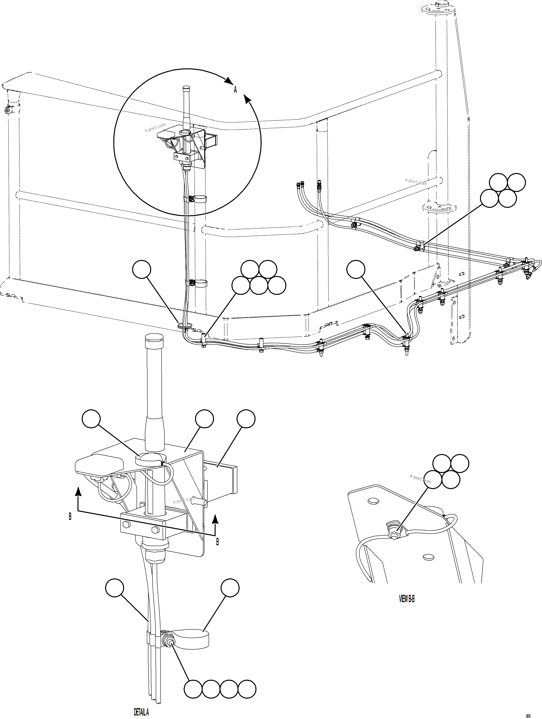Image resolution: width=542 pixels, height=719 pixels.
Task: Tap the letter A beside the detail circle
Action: pyautogui.click(x=235, y=90)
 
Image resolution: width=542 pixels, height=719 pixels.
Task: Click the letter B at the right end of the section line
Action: pyautogui.click(x=217, y=542)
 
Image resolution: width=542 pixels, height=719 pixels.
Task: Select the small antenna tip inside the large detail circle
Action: pyautogui.click(x=186, y=88)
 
